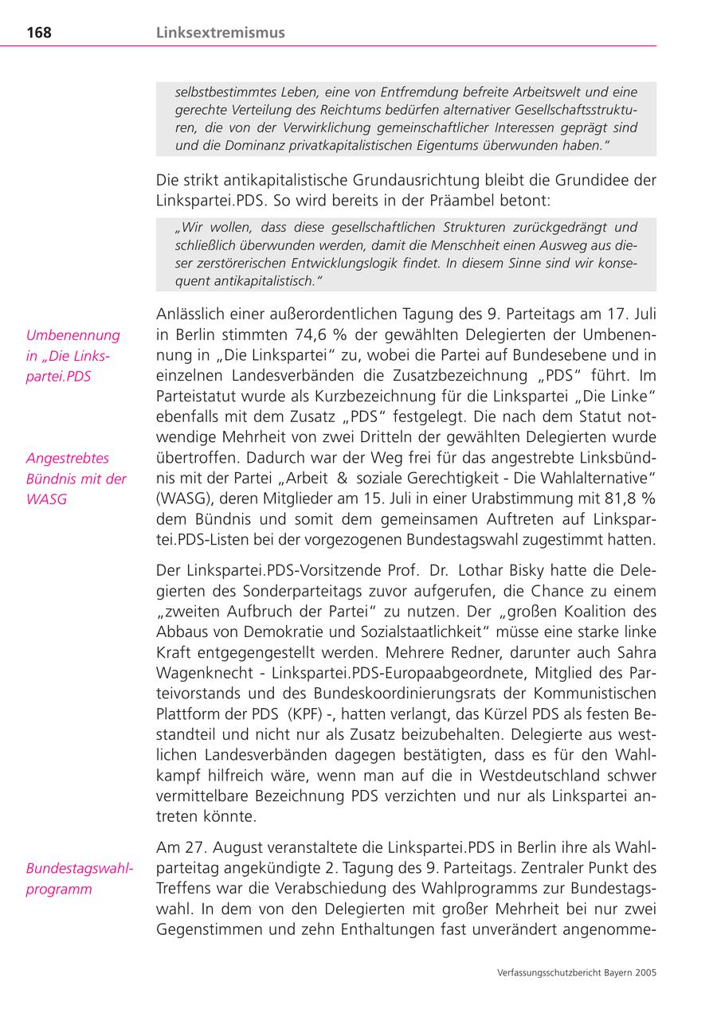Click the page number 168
pyautogui.click(x=38, y=33)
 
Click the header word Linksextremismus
pyautogui.click(x=221, y=33)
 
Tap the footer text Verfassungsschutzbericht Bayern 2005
pyautogui.click(x=576, y=972)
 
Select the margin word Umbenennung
pyautogui.click(x=72, y=335)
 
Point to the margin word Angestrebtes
pyautogui.click(x=68, y=458)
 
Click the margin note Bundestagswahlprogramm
pyautogui.click(x=79, y=878)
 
